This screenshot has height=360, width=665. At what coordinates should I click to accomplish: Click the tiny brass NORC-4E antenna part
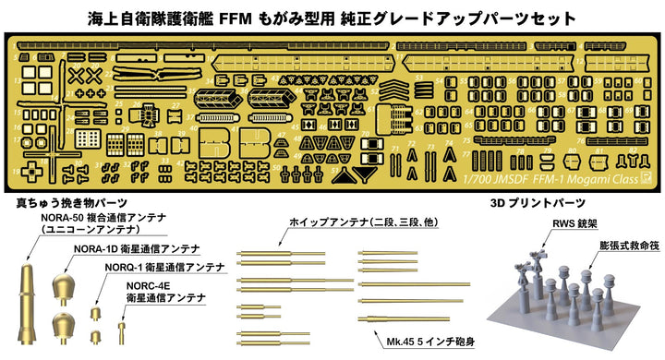pyautogui.click(x=119, y=328)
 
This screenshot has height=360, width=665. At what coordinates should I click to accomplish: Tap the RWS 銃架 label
pyautogui.click(x=544, y=222)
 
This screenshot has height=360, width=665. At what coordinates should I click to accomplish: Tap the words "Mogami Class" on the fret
pyautogui.click(x=615, y=180)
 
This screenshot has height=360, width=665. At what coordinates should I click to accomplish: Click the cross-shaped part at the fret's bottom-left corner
pyautogui.click(x=34, y=171)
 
